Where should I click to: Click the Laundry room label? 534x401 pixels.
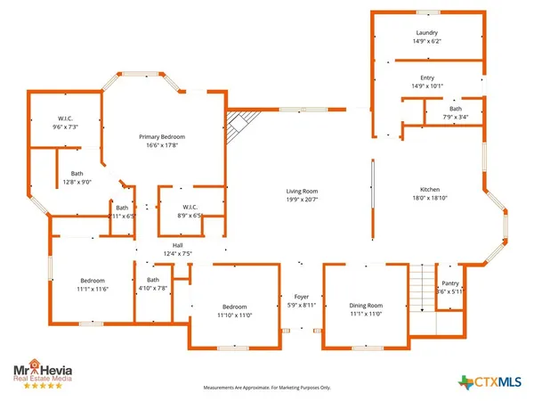click(427, 37)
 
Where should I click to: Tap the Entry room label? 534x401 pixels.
click(427, 81)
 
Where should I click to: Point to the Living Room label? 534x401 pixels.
click(302, 197)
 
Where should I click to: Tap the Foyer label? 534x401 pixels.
click(301, 301)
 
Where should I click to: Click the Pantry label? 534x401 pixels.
click(450, 287)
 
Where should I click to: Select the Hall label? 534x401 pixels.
click(178, 250)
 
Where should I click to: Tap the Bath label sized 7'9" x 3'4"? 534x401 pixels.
click(455, 112)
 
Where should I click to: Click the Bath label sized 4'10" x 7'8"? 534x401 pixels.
click(153, 284)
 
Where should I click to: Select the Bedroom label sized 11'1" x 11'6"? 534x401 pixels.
click(92, 284)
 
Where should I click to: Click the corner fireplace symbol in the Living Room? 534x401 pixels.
click(239, 127)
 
